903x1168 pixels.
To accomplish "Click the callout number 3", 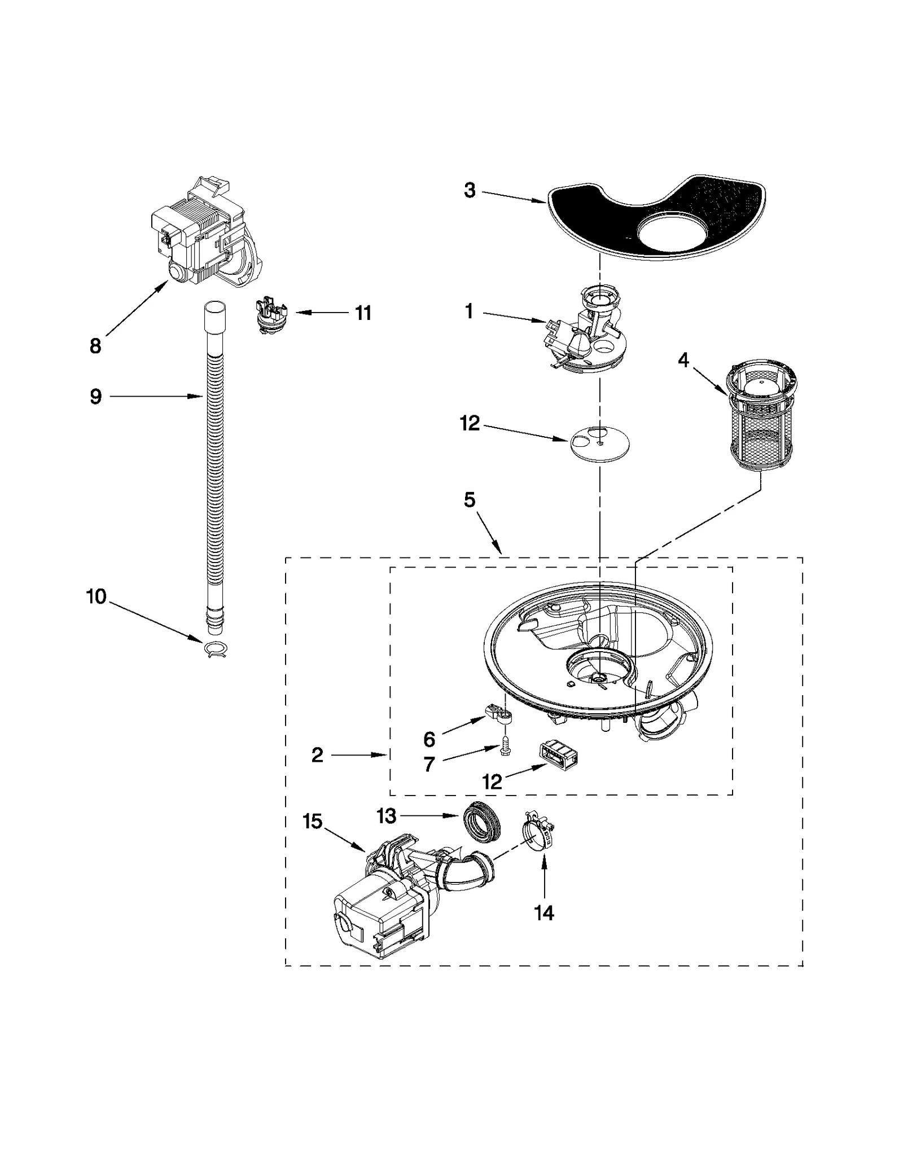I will [x=470, y=191].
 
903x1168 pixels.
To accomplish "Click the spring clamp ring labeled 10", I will [x=216, y=650].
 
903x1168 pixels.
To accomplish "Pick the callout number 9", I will [x=96, y=397].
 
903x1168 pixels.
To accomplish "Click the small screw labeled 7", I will [x=506, y=748].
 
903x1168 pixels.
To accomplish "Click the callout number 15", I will [x=312, y=822].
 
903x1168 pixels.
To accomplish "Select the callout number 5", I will [x=470, y=500].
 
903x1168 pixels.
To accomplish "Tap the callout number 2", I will [x=317, y=755].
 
